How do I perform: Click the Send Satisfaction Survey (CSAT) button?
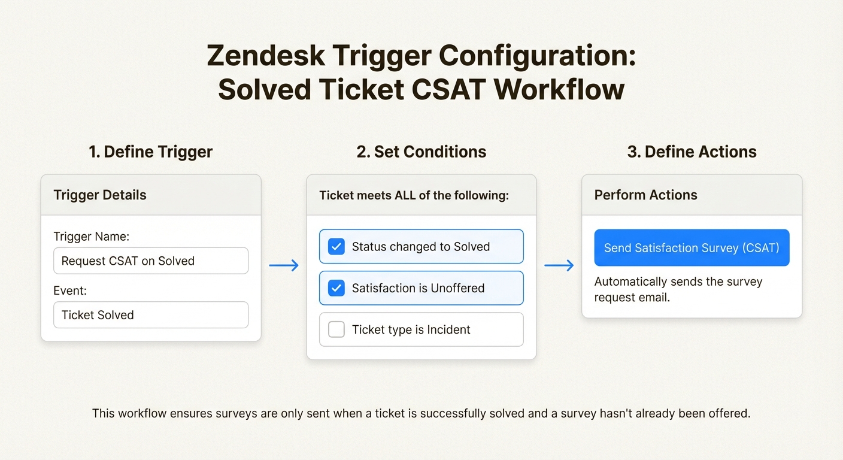coord(692,247)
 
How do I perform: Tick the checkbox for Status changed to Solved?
coord(336,247)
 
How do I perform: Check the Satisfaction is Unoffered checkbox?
coord(336,288)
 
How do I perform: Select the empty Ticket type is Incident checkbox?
coord(336,329)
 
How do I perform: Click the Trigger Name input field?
coord(151,261)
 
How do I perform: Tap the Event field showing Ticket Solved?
coord(151,315)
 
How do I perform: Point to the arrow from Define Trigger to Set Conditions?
coord(284,265)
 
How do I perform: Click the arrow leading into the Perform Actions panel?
coord(559,265)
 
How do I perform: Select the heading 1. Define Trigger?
coord(150,152)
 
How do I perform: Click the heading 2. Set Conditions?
coord(421,152)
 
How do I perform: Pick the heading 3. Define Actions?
coord(692,152)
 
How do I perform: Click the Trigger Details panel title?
coord(100,195)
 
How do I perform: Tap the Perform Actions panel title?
coord(645,195)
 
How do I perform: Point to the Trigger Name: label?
coord(91,237)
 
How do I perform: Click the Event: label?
coord(70,291)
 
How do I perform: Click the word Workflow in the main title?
coord(559,90)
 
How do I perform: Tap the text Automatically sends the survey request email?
coord(678,289)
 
